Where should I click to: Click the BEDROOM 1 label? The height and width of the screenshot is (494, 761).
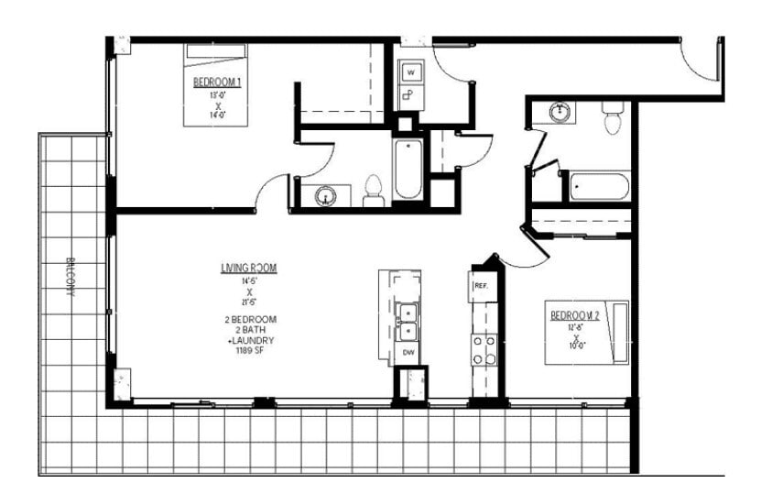tap(217, 82)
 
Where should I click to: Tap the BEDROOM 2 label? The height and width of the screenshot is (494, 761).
tap(574, 316)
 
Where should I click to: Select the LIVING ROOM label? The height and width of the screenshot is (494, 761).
tap(248, 268)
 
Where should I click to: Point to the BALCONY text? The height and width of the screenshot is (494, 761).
tap(71, 275)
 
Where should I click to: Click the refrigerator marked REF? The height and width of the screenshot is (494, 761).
tap(482, 287)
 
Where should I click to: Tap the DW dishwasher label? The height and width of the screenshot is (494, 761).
tap(408, 352)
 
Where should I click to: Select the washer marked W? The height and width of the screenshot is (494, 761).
tap(411, 71)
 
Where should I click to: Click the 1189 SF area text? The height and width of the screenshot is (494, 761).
tap(248, 350)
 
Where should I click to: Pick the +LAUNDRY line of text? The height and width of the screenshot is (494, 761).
tap(248, 339)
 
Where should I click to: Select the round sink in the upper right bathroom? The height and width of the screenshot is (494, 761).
tap(560, 112)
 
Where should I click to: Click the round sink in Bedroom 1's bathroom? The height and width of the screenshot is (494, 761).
tap(327, 195)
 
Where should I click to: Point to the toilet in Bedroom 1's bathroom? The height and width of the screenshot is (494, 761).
tap(373, 190)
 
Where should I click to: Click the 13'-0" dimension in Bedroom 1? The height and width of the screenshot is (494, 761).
tap(217, 93)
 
